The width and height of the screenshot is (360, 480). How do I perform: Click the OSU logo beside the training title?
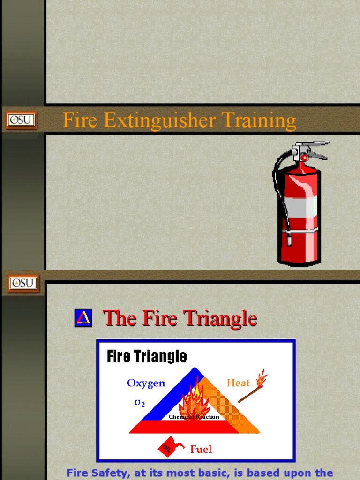click(x=21, y=120)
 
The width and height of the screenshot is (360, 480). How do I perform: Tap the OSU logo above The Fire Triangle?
click(x=23, y=283)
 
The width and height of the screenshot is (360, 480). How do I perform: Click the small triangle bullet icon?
click(x=83, y=318)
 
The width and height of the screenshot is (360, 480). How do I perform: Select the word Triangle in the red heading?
click(x=220, y=319)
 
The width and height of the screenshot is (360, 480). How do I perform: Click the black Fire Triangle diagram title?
click(x=147, y=356)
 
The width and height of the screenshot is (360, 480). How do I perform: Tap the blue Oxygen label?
click(x=146, y=383)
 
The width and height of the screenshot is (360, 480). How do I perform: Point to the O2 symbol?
click(x=140, y=403)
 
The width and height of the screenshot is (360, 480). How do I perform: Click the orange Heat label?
click(x=238, y=383)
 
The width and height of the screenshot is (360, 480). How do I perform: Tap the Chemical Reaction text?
click(x=194, y=417)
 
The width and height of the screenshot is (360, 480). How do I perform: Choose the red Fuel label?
click(x=201, y=449)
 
